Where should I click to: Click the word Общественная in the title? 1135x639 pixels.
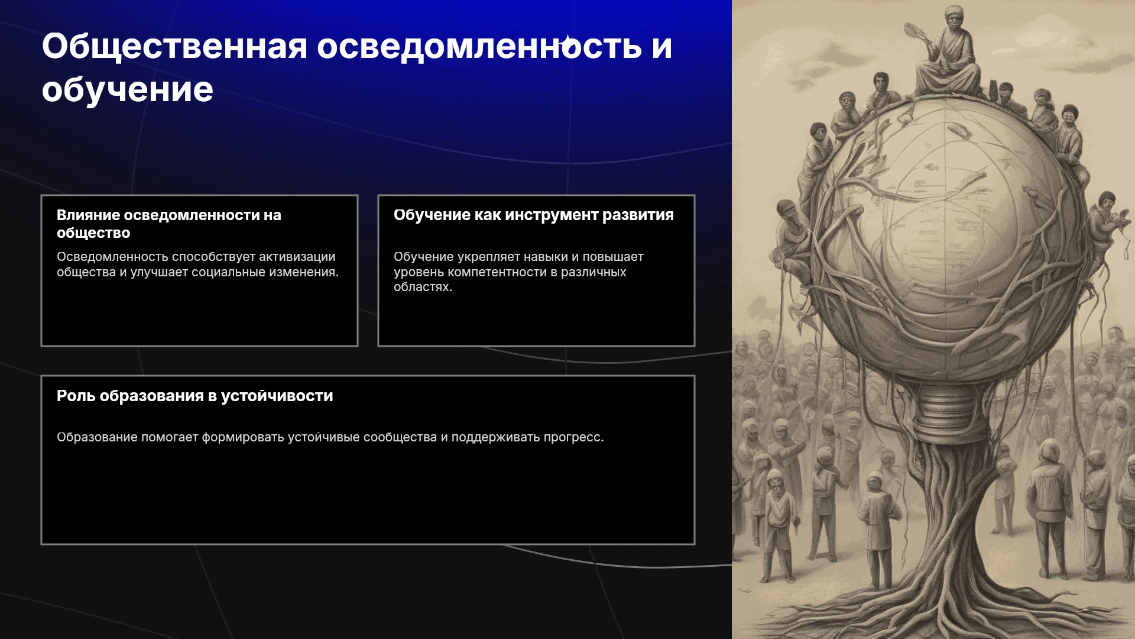pos(174,47)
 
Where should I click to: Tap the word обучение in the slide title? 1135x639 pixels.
pos(128,90)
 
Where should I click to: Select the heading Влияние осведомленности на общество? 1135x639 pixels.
pos(169,224)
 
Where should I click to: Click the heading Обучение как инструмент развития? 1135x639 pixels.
pos(534,215)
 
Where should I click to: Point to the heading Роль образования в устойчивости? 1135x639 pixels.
pos(195,396)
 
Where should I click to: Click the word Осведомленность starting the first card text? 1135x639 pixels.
pos(112,257)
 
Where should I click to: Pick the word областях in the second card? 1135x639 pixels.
pos(423,287)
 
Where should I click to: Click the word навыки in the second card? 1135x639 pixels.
pos(545,257)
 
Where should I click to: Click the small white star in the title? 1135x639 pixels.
pos(568,43)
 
